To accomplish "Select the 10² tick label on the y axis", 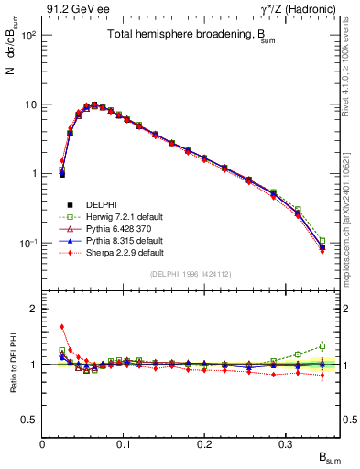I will [x=27, y=35].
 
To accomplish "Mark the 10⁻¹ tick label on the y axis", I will [x=27, y=243].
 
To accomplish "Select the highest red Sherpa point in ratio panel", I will [x=62, y=326].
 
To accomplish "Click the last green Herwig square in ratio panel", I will [x=322, y=346].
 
